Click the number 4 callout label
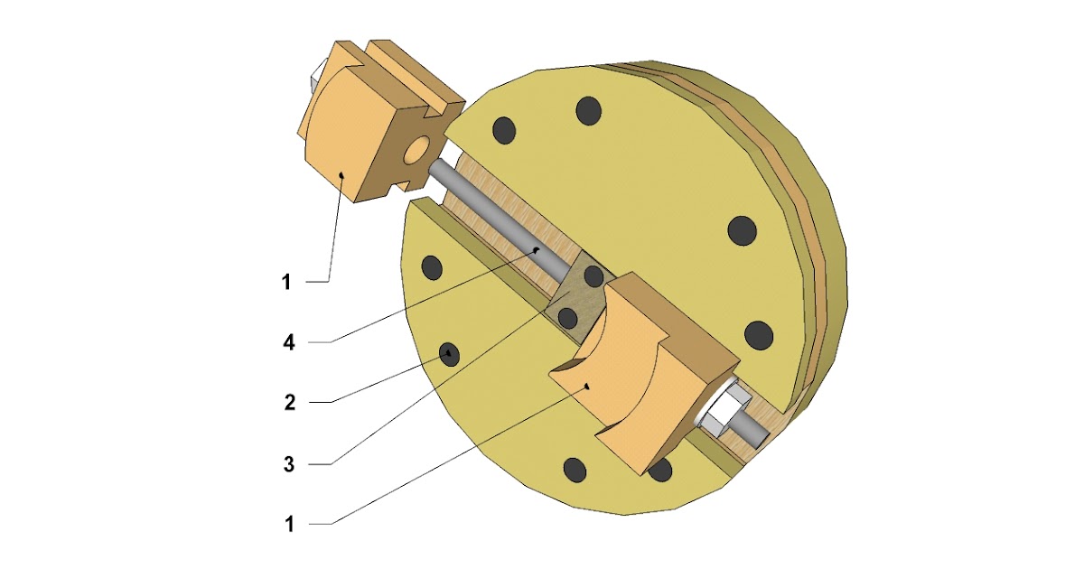click(288, 342)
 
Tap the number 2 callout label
click(289, 402)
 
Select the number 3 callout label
click(289, 464)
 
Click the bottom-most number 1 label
click(289, 524)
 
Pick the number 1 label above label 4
click(286, 283)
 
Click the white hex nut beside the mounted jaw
click(725, 411)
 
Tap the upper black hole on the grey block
click(593, 276)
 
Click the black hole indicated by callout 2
click(448, 355)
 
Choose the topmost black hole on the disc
click(589, 110)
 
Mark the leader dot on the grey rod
click(537, 248)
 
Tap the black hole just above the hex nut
click(758, 335)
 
